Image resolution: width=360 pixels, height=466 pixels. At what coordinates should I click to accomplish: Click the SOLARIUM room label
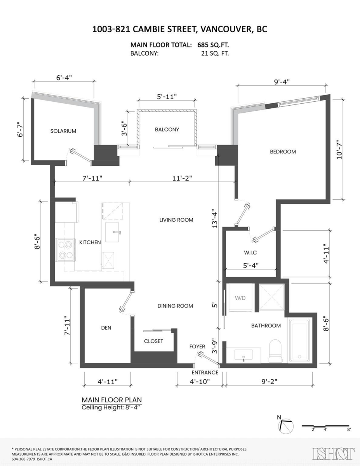tap(63, 131)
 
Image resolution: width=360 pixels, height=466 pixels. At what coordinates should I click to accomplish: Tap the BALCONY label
tap(167, 129)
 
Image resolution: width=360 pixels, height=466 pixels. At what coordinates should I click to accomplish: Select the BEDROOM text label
tap(283, 151)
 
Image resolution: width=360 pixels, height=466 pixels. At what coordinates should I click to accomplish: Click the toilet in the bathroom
tap(276, 349)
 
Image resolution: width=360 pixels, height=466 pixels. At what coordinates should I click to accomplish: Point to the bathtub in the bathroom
tap(299, 340)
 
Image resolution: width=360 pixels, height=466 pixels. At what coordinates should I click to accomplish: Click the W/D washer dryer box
tap(239, 298)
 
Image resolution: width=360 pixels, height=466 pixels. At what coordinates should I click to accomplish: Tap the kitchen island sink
tap(114, 232)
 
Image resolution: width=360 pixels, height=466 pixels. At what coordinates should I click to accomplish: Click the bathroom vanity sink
tap(243, 355)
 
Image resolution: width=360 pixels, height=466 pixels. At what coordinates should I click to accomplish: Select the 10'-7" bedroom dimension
tap(341, 150)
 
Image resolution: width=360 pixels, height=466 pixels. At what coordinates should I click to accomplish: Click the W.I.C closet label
tap(250, 252)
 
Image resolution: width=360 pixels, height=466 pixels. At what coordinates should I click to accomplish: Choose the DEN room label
tap(106, 328)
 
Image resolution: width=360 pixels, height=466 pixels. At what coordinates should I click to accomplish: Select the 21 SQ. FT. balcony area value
tap(213, 54)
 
